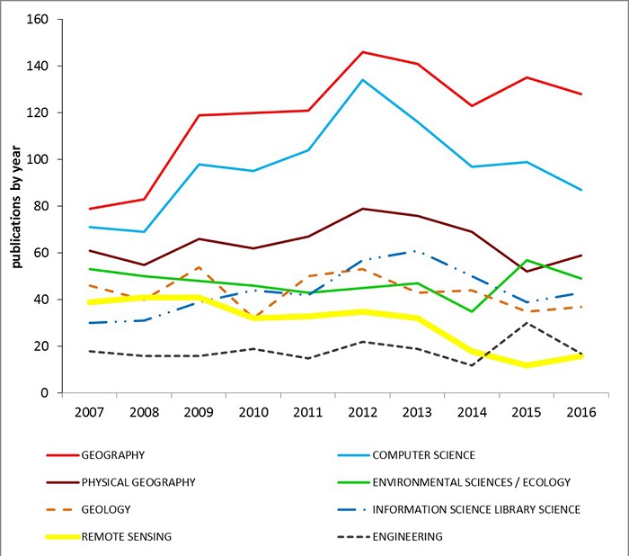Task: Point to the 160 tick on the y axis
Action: click(x=41, y=19)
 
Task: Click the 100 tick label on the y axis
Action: click(x=41, y=159)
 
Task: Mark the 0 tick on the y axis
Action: click(x=48, y=393)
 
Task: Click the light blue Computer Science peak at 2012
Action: click(x=362, y=79)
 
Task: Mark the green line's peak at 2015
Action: click(x=530, y=260)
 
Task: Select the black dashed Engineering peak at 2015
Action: click(x=530, y=323)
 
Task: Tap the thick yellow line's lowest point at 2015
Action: click(x=530, y=365)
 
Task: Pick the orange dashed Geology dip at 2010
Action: click(x=251, y=318)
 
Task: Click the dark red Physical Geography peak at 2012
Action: click(x=362, y=209)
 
